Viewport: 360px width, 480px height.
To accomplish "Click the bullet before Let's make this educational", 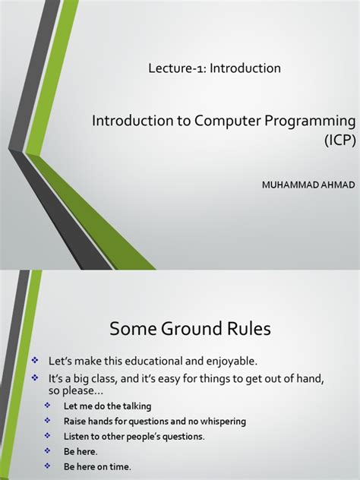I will point(33,358).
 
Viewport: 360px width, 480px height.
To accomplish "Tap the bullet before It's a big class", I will point(33,377).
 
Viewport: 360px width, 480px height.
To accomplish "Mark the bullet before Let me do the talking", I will point(48,406).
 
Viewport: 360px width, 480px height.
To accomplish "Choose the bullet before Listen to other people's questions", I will point(48,435).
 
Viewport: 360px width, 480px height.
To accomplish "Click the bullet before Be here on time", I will point(48,465).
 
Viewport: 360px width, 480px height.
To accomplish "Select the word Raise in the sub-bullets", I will point(77,421).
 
